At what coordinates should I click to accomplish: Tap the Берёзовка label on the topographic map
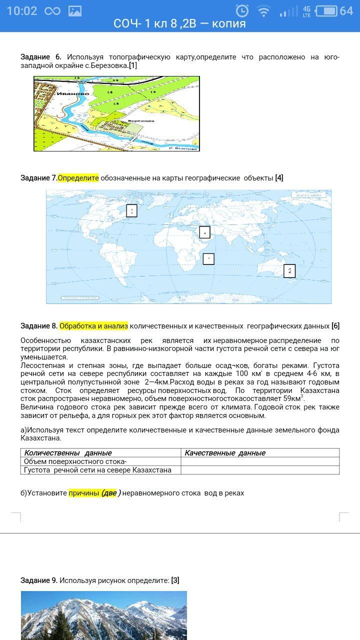point(141,120)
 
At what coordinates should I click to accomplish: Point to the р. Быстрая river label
point(182,147)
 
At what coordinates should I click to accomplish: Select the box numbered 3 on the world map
point(131,210)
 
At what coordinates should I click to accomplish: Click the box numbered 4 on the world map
point(204,232)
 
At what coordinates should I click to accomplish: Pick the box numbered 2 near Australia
point(289,271)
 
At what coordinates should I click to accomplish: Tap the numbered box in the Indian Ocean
point(208,258)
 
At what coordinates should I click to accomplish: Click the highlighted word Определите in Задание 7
point(78,178)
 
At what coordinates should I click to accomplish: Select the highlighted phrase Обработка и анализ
point(93,326)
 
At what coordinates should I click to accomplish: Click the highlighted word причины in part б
point(84,493)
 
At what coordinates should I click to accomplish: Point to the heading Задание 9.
point(39,580)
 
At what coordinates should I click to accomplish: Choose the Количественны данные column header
point(68,453)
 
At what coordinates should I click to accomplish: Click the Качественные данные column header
point(225,453)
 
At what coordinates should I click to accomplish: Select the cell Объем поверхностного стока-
point(75,461)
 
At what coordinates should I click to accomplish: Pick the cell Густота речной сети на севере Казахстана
point(98,470)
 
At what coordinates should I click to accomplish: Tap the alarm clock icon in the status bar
point(242,11)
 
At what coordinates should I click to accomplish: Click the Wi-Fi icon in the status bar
point(263,11)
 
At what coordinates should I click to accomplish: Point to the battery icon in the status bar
point(326,11)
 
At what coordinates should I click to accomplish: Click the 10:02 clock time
point(22,11)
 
